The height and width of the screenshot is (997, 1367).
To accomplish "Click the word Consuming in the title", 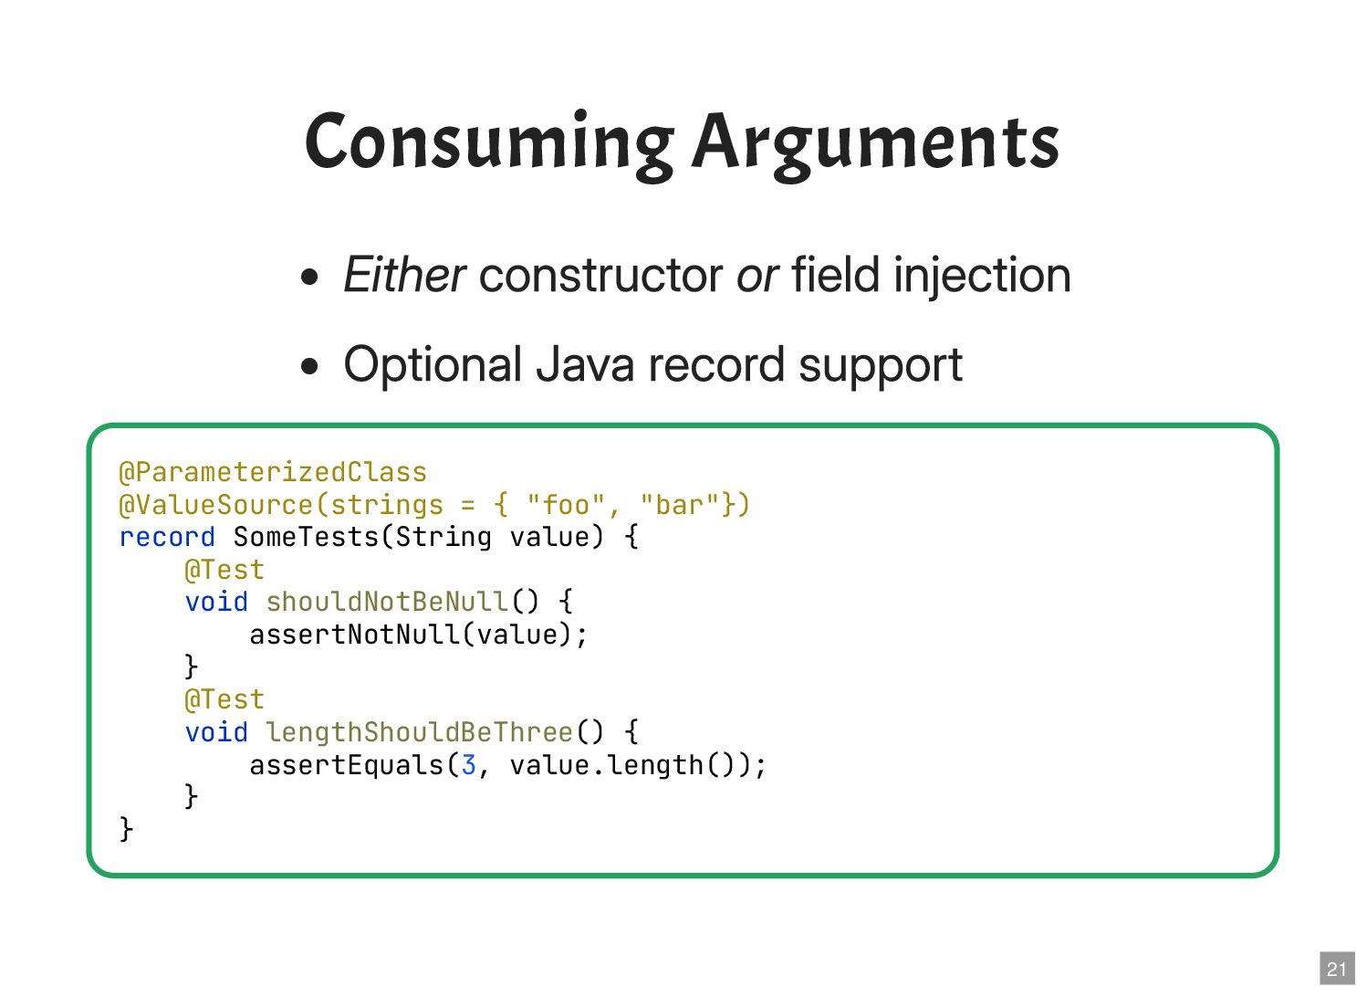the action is click(x=489, y=142).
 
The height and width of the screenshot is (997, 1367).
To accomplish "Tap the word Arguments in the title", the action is click(x=876, y=142).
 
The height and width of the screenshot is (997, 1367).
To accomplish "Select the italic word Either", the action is click(x=404, y=275).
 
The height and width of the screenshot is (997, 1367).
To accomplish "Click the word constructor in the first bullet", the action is click(x=601, y=275).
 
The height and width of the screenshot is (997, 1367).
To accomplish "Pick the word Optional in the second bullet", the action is click(x=433, y=365).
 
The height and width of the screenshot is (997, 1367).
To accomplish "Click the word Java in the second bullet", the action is click(x=585, y=365).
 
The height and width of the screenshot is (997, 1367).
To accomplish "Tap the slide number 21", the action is click(x=1337, y=969).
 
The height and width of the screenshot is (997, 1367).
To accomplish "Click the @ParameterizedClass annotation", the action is click(x=273, y=472).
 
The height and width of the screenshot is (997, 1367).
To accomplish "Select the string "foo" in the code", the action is click(x=566, y=505).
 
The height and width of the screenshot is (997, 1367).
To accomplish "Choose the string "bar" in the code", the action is click(x=680, y=505).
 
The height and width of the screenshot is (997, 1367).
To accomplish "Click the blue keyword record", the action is click(x=167, y=537).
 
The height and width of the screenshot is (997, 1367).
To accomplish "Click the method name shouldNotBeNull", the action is click(x=387, y=602).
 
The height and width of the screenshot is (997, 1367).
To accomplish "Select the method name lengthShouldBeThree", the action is click(x=420, y=732).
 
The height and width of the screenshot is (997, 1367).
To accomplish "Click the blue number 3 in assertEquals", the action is click(x=468, y=765).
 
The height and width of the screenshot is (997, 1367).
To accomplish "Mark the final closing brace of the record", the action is click(x=127, y=829).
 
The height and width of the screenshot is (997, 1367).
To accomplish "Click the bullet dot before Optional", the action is click(x=310, y=367).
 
